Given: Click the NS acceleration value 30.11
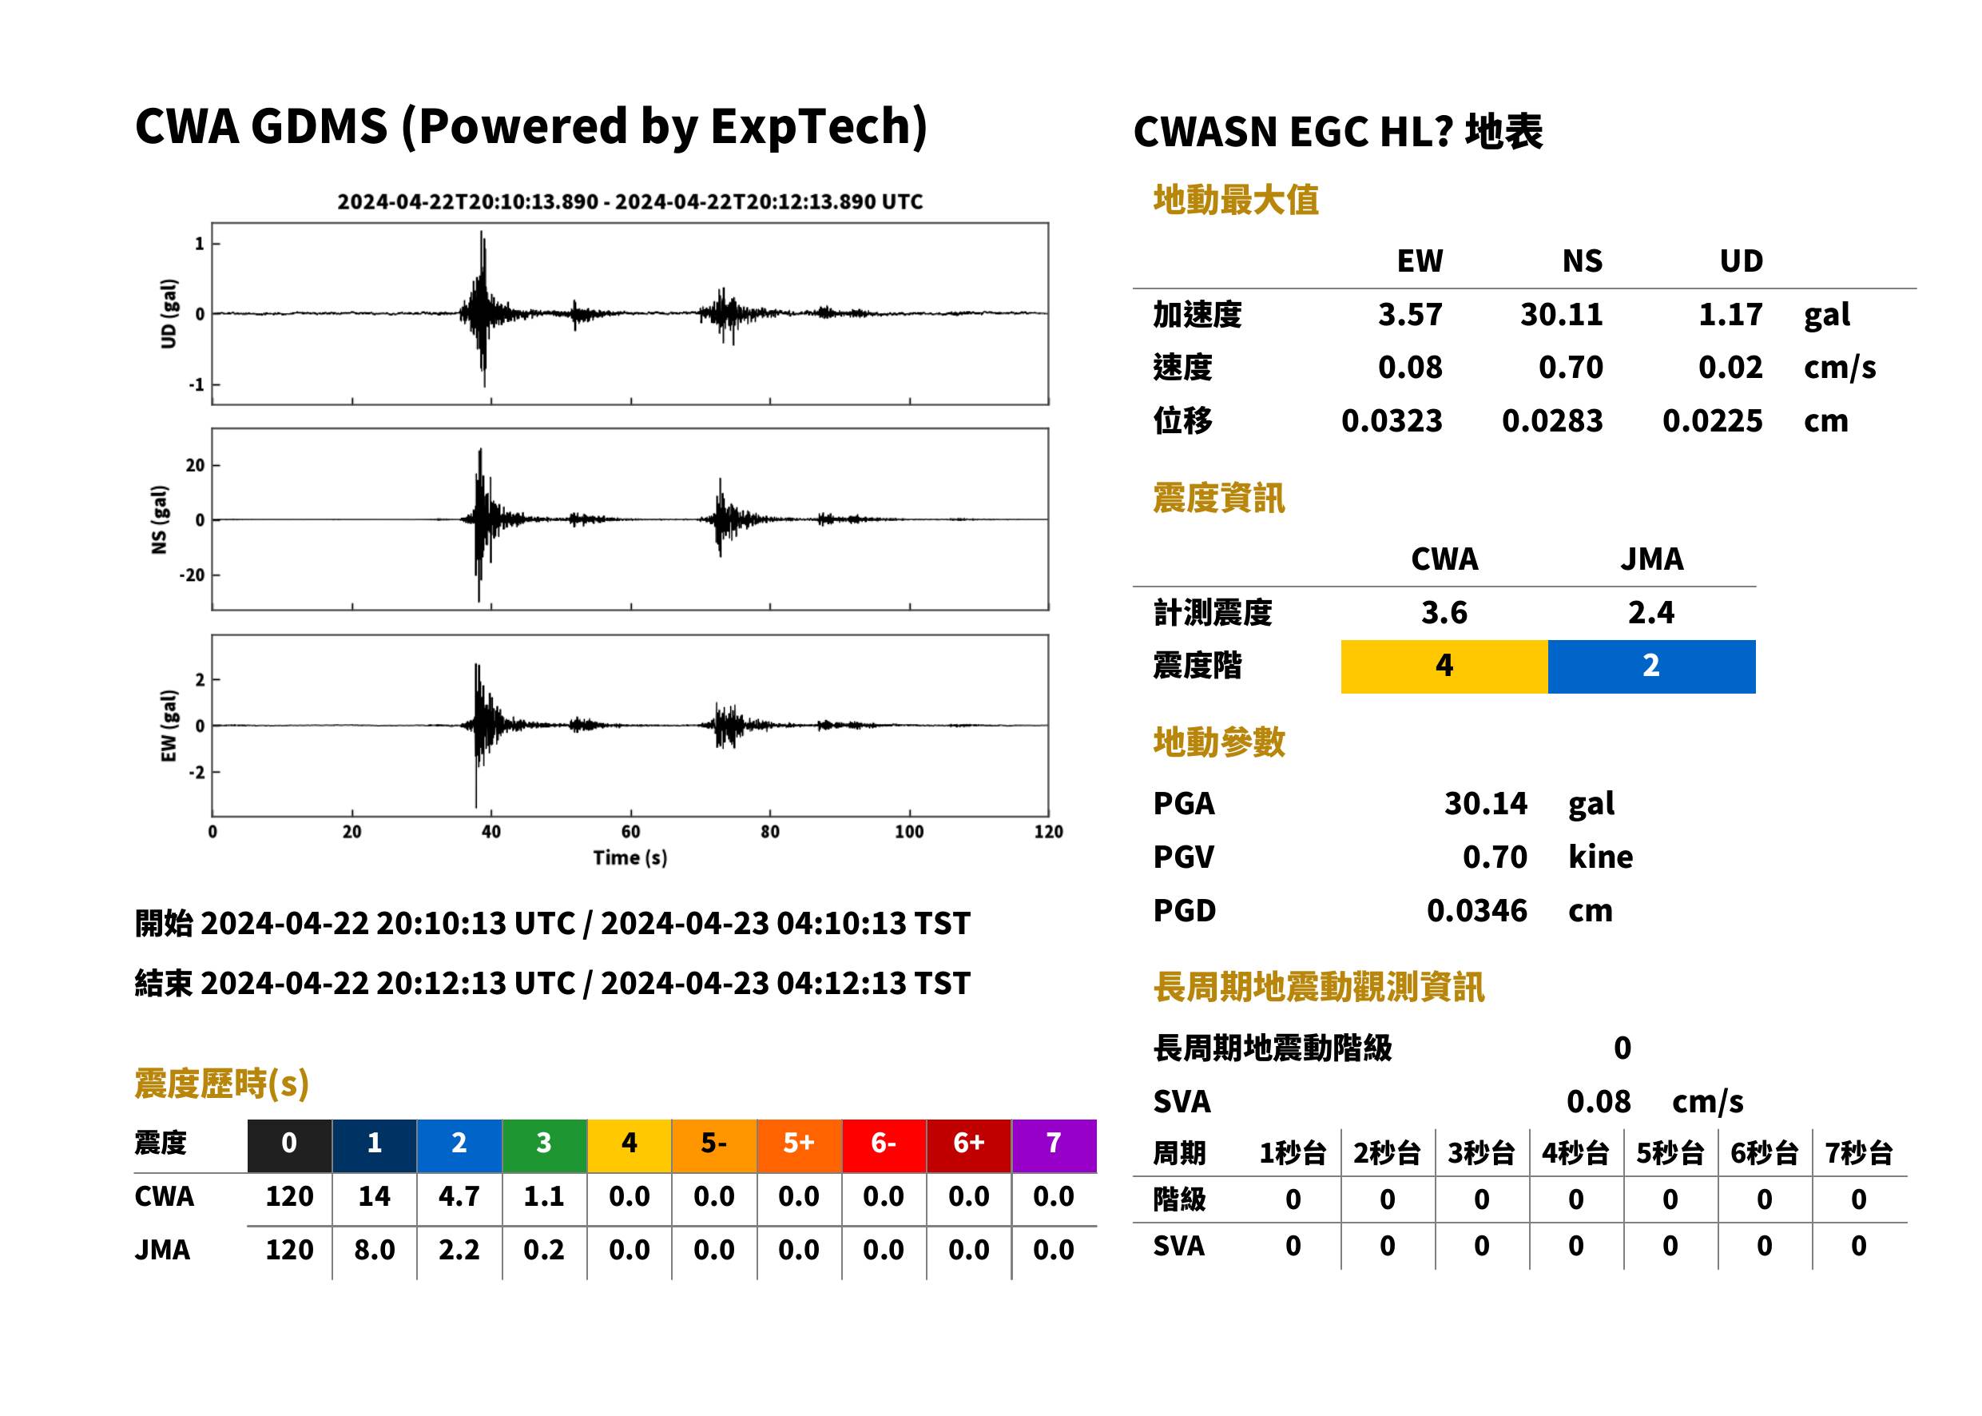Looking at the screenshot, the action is click(1560, 314).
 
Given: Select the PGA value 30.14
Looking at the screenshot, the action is click(1485, 803).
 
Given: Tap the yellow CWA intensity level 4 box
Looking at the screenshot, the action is click(1444, 666).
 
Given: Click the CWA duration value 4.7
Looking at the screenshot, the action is click(459, 1196).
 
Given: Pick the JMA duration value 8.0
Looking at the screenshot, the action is click(375, 1250).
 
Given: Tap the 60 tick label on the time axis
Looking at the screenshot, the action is click(630, 832).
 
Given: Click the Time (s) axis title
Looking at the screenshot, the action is click(630, 857).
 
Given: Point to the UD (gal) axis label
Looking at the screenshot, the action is click(169, 314).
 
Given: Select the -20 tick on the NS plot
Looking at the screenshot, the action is click(192, 575).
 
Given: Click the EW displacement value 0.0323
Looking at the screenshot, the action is click(1392, 421).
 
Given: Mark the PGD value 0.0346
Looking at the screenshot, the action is click(1476, 911).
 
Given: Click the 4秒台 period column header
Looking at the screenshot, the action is click(1575, 1152).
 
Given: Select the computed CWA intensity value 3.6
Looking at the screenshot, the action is click(1444, 612).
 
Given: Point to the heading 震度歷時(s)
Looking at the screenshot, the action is click(222, 1084).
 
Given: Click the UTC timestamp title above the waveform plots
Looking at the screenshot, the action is click(630, 201).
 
